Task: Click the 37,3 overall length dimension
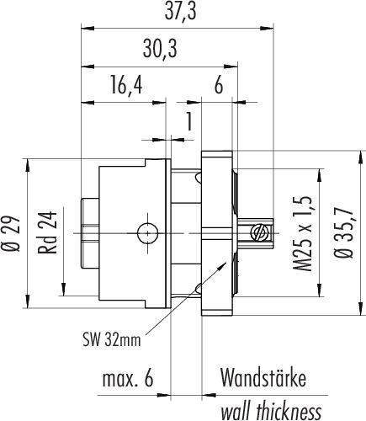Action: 181,12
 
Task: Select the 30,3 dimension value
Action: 160,49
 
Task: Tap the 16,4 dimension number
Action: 126,85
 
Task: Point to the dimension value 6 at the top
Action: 219,85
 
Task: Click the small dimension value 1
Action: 189,121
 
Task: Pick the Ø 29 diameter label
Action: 11,233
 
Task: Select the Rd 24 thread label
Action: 47,232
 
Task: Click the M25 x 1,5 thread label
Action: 303,233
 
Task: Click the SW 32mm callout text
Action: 112,339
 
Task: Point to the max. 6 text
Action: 128,378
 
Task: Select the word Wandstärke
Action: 263,377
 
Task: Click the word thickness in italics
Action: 289,411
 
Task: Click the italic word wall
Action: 236,411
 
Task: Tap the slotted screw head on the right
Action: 258,232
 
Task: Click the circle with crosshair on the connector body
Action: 147,233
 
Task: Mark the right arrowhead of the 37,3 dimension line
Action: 267,28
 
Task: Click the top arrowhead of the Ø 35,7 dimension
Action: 360,157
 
